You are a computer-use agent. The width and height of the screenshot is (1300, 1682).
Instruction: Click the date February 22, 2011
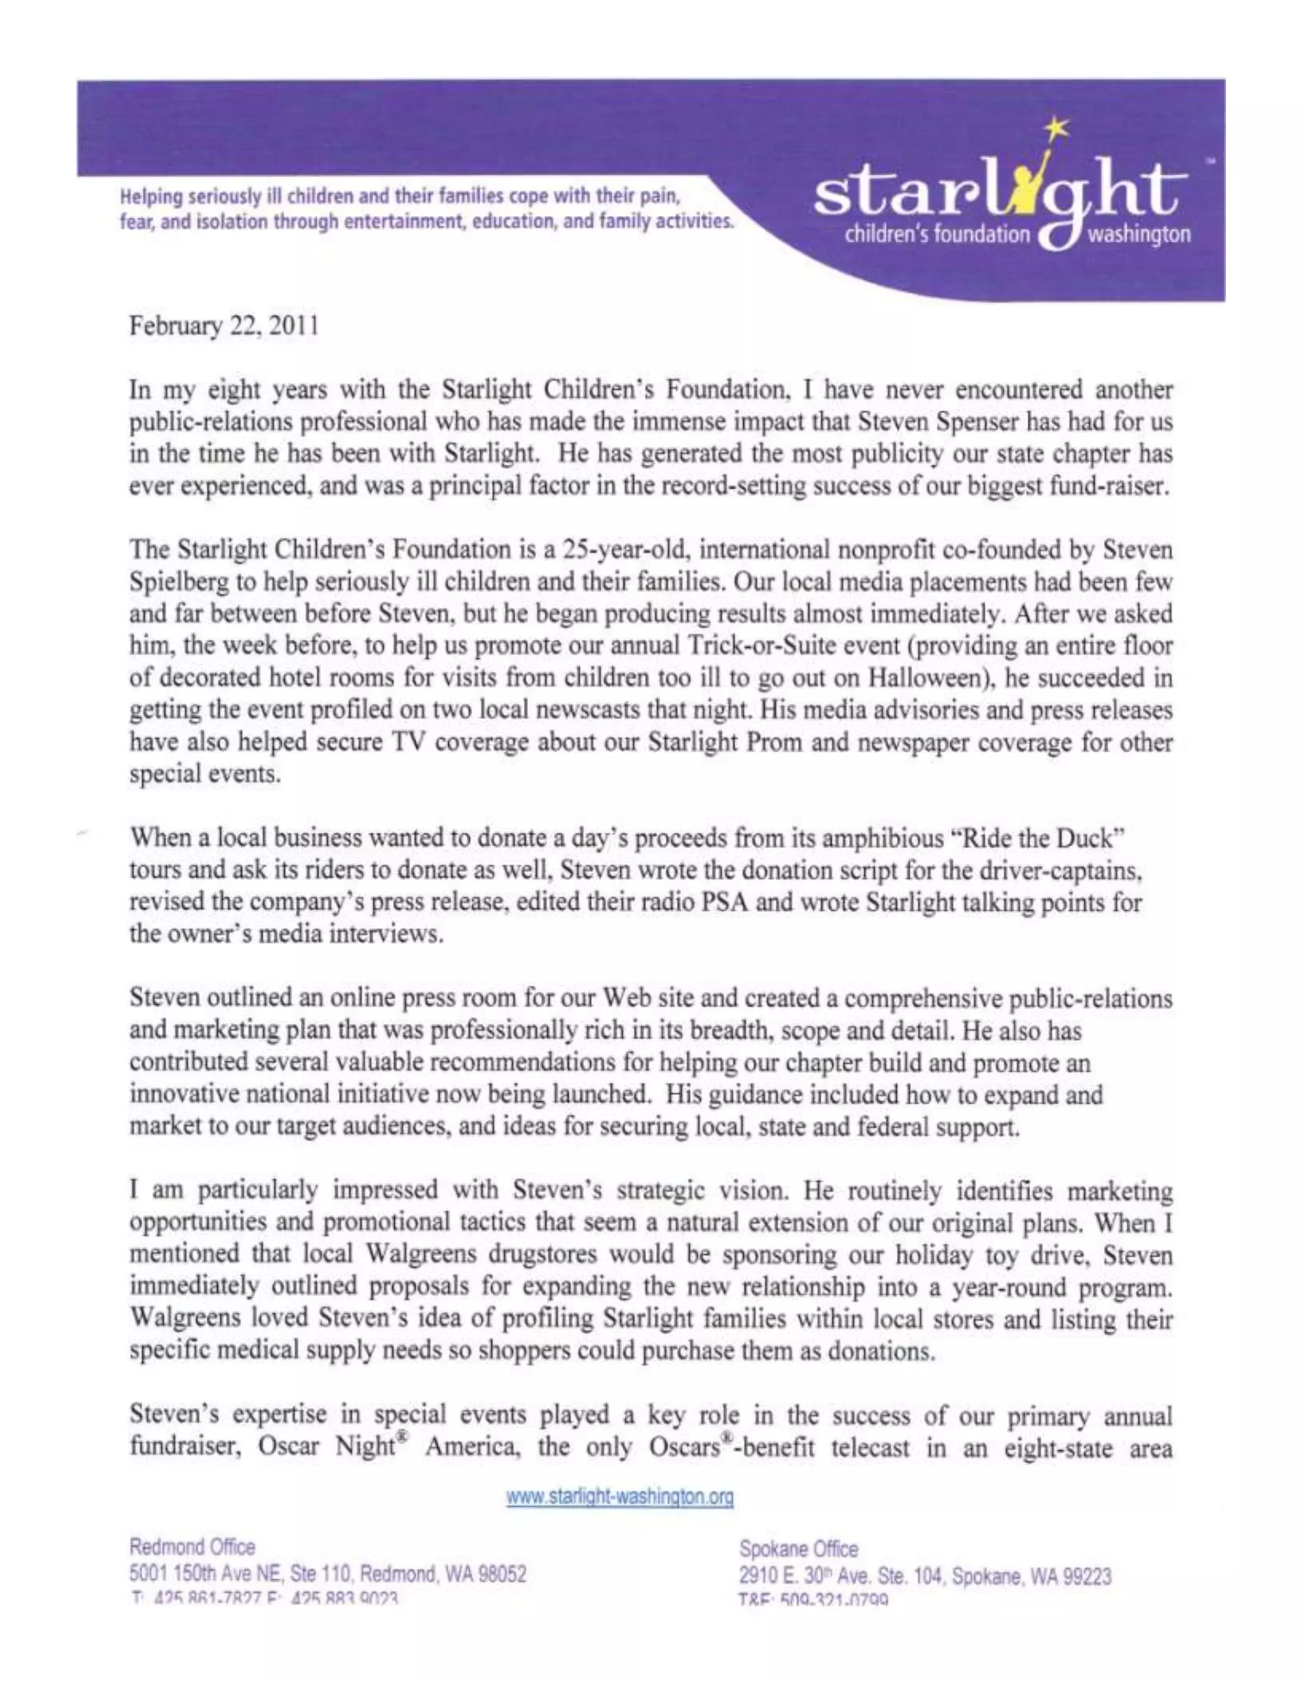pos(223,326)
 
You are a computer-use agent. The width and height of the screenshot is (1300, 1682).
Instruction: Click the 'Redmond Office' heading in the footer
pos(192,1546)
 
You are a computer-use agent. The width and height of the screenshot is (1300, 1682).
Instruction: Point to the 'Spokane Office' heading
pos(798,1548)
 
